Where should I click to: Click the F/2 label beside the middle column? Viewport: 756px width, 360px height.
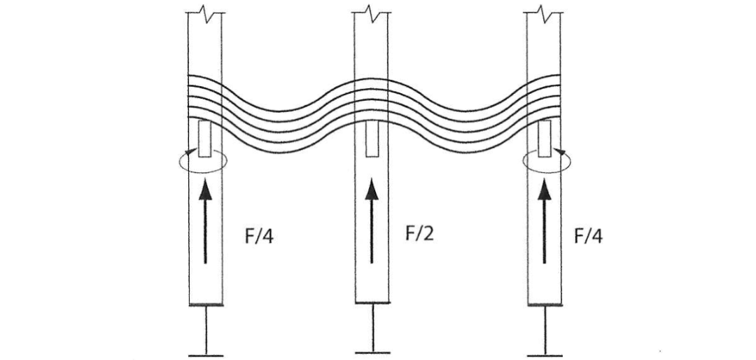tap(419, 233)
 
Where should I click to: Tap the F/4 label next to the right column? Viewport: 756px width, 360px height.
tap(589, 235)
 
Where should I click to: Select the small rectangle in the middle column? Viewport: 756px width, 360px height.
tap(371, 139)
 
